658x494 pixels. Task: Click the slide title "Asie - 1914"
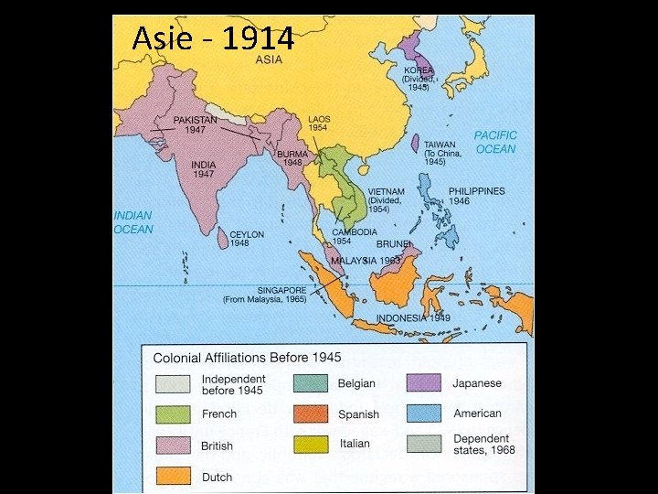(213, 38)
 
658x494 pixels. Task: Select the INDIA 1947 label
(203, 169)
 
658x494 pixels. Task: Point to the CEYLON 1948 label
(247, 239)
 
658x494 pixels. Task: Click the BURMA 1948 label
(293, 158)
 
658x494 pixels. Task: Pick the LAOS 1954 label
(319, 123)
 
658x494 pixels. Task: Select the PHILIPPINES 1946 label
(476, 197)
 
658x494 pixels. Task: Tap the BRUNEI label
(394, 244)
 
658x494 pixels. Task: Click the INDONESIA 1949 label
(413, 317)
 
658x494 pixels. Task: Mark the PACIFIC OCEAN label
(495, 142)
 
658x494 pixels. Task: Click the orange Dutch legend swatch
(173, 476)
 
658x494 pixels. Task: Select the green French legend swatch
(173, 414)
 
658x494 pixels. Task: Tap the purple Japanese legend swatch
(424, 382)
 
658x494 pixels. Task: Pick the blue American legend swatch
(424, 413)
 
